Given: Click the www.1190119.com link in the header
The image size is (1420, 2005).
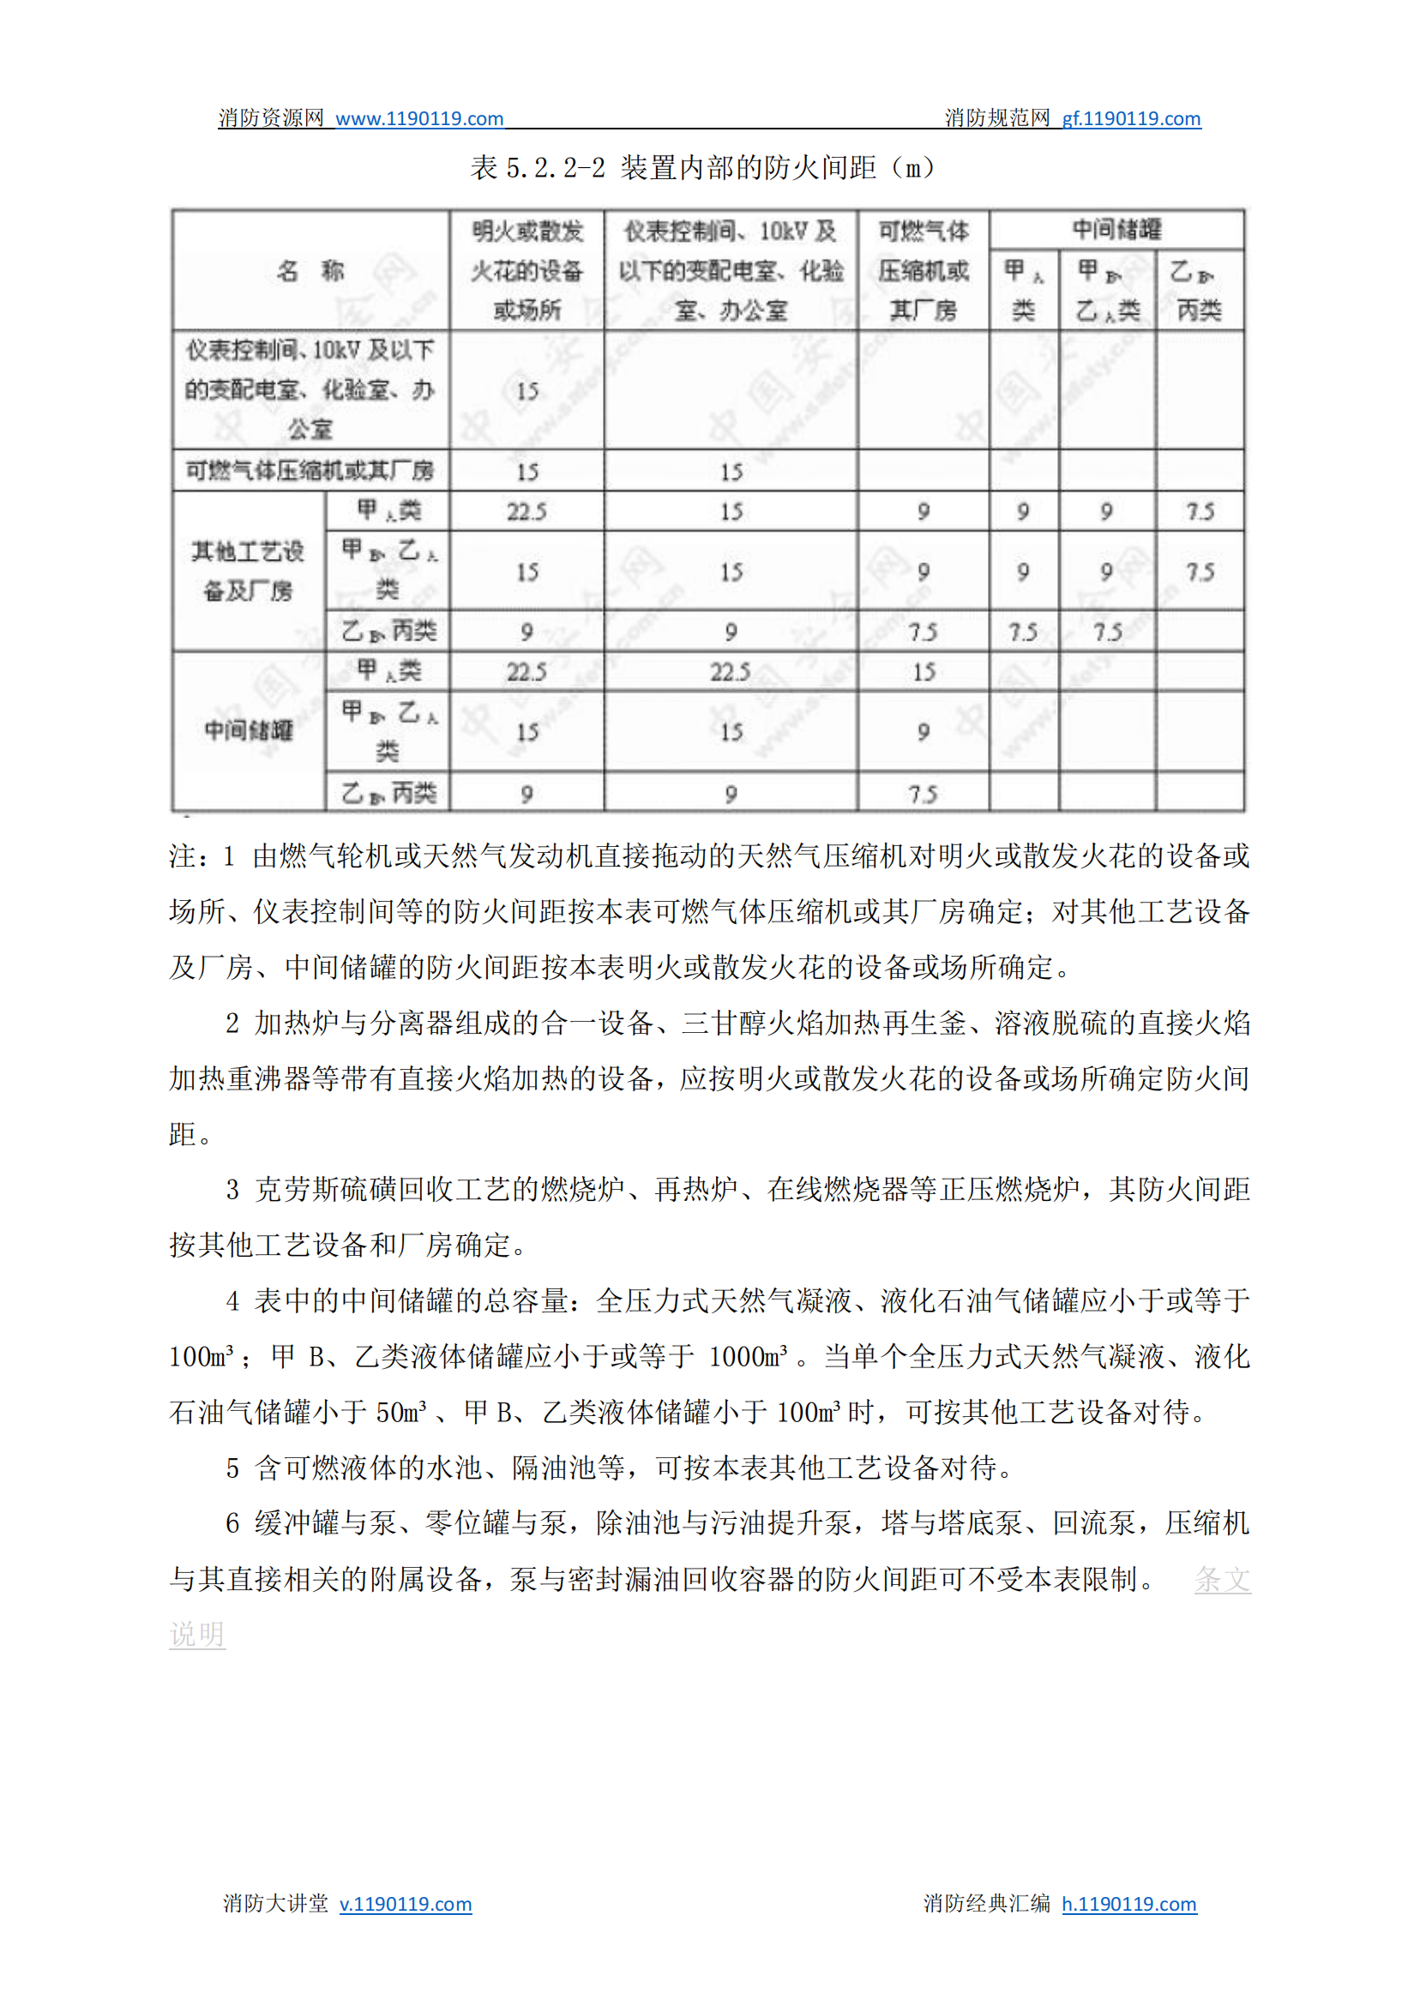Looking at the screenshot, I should pyautogui.click(x=418, y=119).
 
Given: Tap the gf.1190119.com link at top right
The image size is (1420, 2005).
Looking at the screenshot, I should pyautogui.click(x=1130, y=119).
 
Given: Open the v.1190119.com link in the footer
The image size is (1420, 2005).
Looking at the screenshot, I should pyautogui.click(x=406, y=1904).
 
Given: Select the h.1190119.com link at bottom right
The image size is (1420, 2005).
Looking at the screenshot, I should pyautogui.click(x=1128, y=1904).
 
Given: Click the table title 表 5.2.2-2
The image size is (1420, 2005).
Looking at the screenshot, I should pyautogui.click(x=537, y=167).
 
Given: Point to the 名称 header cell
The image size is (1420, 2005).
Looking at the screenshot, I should pyautogui.click(x=310, y=271).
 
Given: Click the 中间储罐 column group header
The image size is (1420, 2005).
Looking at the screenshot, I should pyautogui.click(x=1116, y=230).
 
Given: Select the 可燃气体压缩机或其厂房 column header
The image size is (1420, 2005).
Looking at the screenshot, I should pyautogui.click(x=924, y=271).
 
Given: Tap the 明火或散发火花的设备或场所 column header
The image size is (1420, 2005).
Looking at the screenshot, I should pyautogui.click(x=526, y=271).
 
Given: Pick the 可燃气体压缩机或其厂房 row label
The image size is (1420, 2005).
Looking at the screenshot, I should pyautogui.click(x=310, y=471).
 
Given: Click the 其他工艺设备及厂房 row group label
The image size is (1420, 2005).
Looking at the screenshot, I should pyautogui.click(x=249, y=571).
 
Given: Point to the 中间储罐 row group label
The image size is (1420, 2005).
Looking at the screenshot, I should pyautogui.click(x=249, y=730).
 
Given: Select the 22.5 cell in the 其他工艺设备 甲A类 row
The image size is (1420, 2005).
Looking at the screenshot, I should pyautogui.click(x=526, y=511).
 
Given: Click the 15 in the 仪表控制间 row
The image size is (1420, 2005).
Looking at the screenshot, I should pyautogui.click(x=526, y=391).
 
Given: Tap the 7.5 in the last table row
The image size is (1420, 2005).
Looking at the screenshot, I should pyautogui.click(x=924, y=794).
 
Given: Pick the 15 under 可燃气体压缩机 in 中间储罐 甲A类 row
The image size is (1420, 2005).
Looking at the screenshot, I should pyautogui.click(x=924, y=672).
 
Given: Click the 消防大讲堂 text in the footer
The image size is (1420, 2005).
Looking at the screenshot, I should pyautogui.click(x=275, y=1904).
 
